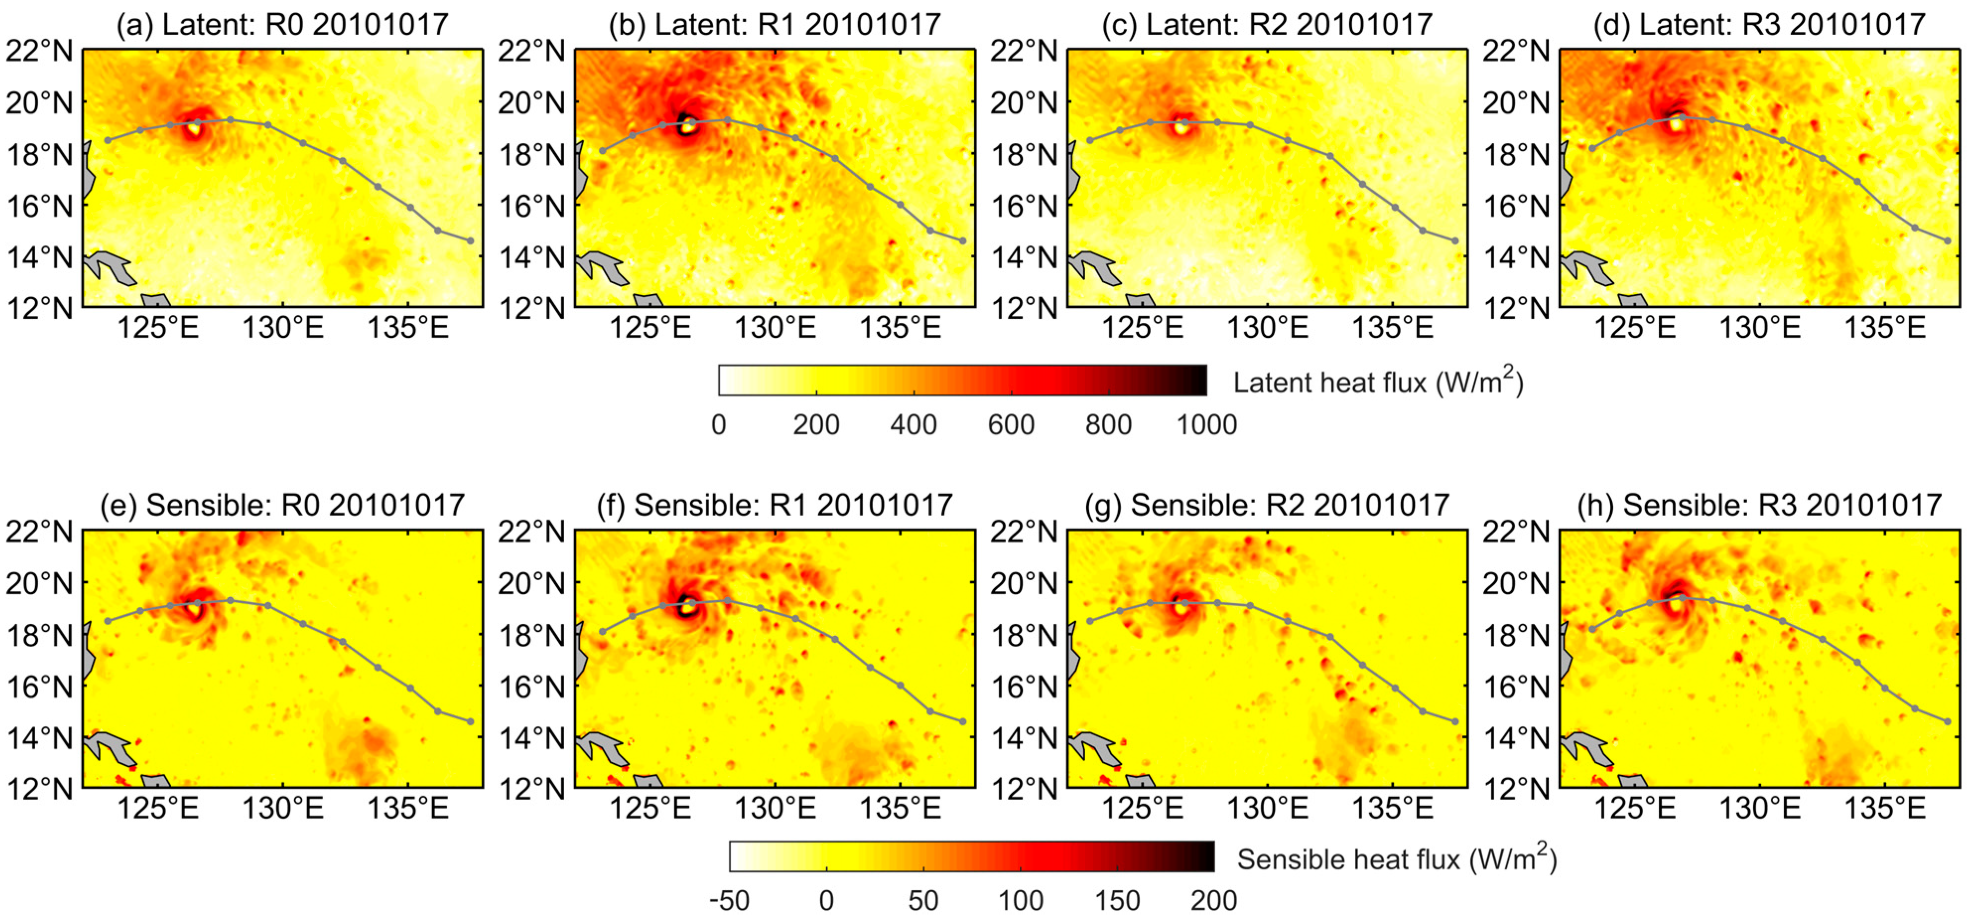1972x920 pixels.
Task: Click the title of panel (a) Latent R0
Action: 282,24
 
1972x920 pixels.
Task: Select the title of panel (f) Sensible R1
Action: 774,505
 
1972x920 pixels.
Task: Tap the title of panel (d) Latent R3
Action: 1759,24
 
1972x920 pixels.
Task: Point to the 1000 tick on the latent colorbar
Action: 1206,424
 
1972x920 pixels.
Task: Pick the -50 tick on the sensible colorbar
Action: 729,901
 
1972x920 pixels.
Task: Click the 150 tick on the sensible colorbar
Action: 1117,901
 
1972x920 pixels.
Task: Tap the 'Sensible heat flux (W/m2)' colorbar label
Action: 1397,859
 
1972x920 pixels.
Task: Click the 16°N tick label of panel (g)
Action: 1024,686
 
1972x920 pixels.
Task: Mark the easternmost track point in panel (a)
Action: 470,241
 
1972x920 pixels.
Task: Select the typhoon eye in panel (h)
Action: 1675,605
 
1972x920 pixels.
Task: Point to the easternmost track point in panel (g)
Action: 1455,721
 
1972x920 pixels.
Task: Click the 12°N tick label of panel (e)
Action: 40,789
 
